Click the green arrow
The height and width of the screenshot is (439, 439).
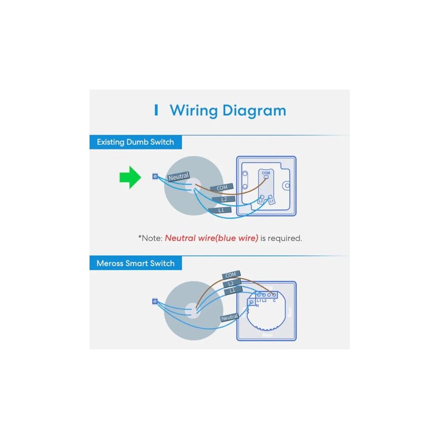[130, 177]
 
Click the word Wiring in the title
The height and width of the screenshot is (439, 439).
[194, 111]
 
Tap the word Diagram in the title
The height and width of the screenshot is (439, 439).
[254, 111]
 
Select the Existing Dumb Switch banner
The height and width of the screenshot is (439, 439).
[136, 142]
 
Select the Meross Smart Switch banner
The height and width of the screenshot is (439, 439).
[136, 263]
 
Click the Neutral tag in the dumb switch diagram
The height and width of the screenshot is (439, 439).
[179, 176]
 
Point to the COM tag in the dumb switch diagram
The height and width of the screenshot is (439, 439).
[222, 187]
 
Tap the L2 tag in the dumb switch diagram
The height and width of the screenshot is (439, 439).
[223, 199]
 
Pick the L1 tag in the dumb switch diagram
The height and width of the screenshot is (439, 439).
[220, 210]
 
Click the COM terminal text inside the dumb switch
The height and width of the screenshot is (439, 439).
[266, 173]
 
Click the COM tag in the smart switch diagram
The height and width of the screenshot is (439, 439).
[231, 275]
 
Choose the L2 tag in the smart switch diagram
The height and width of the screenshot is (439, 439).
[231, 283]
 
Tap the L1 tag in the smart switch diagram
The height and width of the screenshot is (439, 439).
[233, 291]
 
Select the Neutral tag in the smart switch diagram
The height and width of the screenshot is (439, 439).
[229, 317]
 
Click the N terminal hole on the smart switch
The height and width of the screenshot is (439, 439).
[252, 302]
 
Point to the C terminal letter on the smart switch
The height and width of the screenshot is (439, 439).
[274, 301]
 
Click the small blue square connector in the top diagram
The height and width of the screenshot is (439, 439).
[155, 176]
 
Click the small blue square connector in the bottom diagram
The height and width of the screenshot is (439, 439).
[155, 301]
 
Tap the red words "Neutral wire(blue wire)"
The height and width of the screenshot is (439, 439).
[212, 238]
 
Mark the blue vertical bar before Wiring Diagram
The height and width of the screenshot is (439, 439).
[156, 110]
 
